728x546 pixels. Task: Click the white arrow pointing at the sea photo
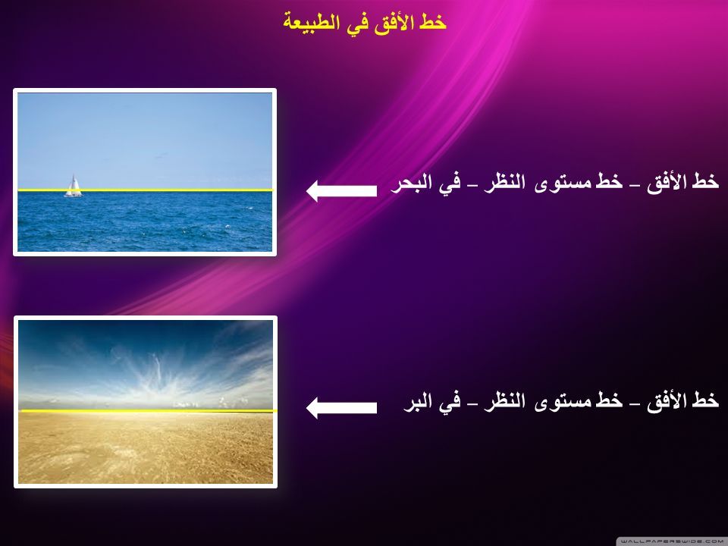pos(342,191)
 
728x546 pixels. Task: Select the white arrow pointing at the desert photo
pos(342,408)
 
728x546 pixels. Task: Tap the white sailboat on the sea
pos(73,187)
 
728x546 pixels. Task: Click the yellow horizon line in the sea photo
pos(146,190)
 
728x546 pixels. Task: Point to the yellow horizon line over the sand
pos(149,411)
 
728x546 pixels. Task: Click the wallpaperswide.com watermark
pos(673,541)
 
